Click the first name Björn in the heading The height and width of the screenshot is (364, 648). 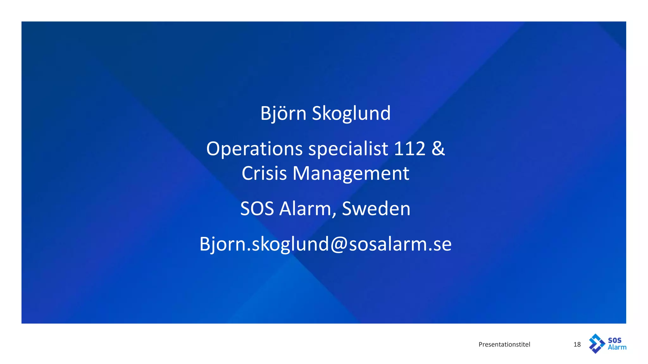pyautogui.click(x=283, y=113)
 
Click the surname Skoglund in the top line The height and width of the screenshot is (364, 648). pyautogui.click(x=351, y=113)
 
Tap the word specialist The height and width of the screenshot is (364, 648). pyautogui.click(x=348, y=149)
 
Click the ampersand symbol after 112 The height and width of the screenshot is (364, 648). pyautogui.click(x=438, y=149)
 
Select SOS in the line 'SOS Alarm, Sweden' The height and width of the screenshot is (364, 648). pyautogui.click(x=257, y=209)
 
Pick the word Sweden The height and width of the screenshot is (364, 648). pyautogui.click(x=376, y=209)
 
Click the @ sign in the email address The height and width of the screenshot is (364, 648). pyautogui.click(x=339, y=244)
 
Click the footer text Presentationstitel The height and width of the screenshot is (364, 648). pyautogui.click(x=504, y=344)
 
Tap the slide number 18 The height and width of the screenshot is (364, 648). pyautogui.click(x=577, y=344)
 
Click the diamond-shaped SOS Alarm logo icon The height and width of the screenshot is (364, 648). pyautogui.click(x=596, y=343)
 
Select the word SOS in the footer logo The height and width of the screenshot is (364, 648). pyautogui.click(x=614, y=340)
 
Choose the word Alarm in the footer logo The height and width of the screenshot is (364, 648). pyautogui.click(x=617, y=347)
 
